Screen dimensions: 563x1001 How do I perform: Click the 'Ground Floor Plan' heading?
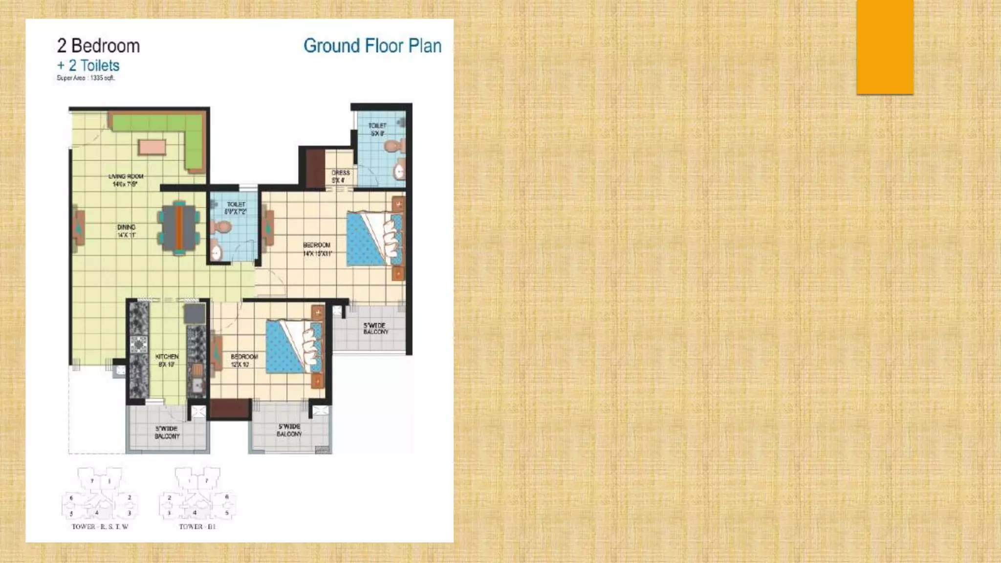coord(372,46)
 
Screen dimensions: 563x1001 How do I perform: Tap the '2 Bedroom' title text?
coord(98,46)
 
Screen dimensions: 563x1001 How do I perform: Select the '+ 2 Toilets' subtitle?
coord(88,65)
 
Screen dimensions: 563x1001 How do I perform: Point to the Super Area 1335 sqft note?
coord(86,78)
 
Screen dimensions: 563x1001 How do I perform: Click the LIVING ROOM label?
coord(126,180)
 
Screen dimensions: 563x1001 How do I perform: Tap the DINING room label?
coord(126,231)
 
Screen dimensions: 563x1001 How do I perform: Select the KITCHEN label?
coord(167,360)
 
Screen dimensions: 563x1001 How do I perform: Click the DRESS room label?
coord(340,176)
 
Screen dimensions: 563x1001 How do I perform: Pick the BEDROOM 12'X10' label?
coord(243,360)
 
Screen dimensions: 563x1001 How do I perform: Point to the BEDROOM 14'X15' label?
coord(317,249)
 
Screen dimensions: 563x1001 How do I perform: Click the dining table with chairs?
coord(179,228)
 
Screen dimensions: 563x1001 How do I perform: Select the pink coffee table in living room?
coord(152,147)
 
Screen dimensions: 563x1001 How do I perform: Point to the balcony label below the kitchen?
coord(167,432)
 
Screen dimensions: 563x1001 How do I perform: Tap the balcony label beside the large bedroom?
coord(375,328)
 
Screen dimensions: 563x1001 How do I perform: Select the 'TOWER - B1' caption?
coord(197,526)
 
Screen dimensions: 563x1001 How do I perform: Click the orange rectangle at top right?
coord(885,47)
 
